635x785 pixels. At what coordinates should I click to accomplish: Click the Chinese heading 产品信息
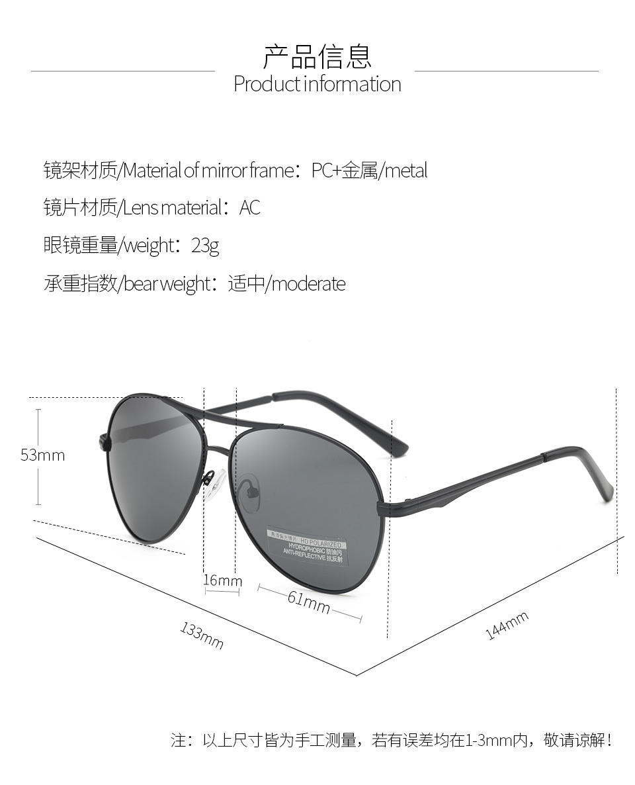(317, 56)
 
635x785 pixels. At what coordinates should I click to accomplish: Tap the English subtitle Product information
(317, 85)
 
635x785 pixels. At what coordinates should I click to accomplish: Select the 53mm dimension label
(42, 455)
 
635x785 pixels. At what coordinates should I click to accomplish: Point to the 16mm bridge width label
(222, 580)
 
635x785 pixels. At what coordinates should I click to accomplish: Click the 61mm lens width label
(308, 602)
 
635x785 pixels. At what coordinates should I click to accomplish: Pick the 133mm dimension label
(202, 636)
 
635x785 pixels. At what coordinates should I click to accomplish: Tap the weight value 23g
(205, 246)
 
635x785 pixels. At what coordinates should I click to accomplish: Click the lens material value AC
(250, 208)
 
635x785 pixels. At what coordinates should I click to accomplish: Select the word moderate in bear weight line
(308, 285)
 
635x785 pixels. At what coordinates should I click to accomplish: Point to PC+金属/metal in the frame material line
(370, 171)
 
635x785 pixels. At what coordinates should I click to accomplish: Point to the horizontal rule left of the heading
(123, 71)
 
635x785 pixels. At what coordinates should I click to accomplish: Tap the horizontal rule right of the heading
(506, 71)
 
